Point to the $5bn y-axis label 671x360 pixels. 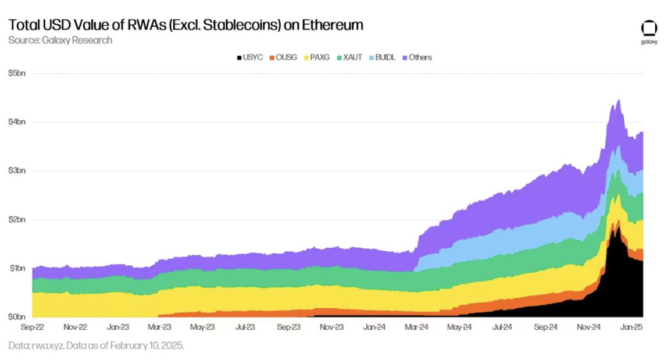point(17,73)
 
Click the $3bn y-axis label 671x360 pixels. point(17,171)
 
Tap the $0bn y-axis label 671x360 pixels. point(17,318)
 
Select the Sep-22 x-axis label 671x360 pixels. point(33,327)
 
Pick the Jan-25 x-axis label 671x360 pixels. point(630,327)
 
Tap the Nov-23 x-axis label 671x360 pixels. point(331,327)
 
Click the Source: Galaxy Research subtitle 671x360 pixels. point(60,40)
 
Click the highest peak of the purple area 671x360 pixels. point(619,100)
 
